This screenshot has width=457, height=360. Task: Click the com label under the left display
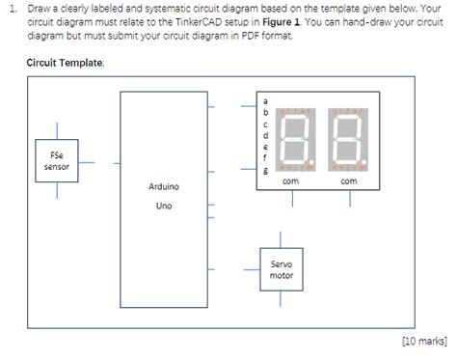tap(290, 180)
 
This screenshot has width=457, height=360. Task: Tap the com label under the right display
tap(349, 180)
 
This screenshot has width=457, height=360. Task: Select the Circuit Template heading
tap(72, 62)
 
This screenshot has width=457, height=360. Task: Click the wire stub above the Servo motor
tap(282, 236)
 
